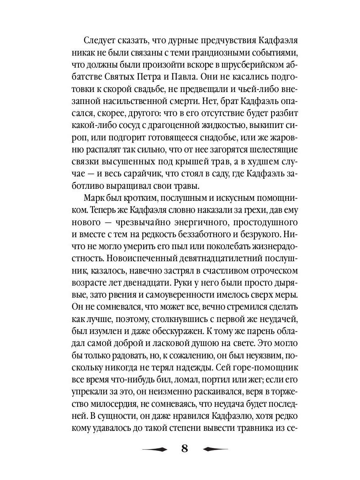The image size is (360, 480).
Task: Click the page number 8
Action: (184, 448)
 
